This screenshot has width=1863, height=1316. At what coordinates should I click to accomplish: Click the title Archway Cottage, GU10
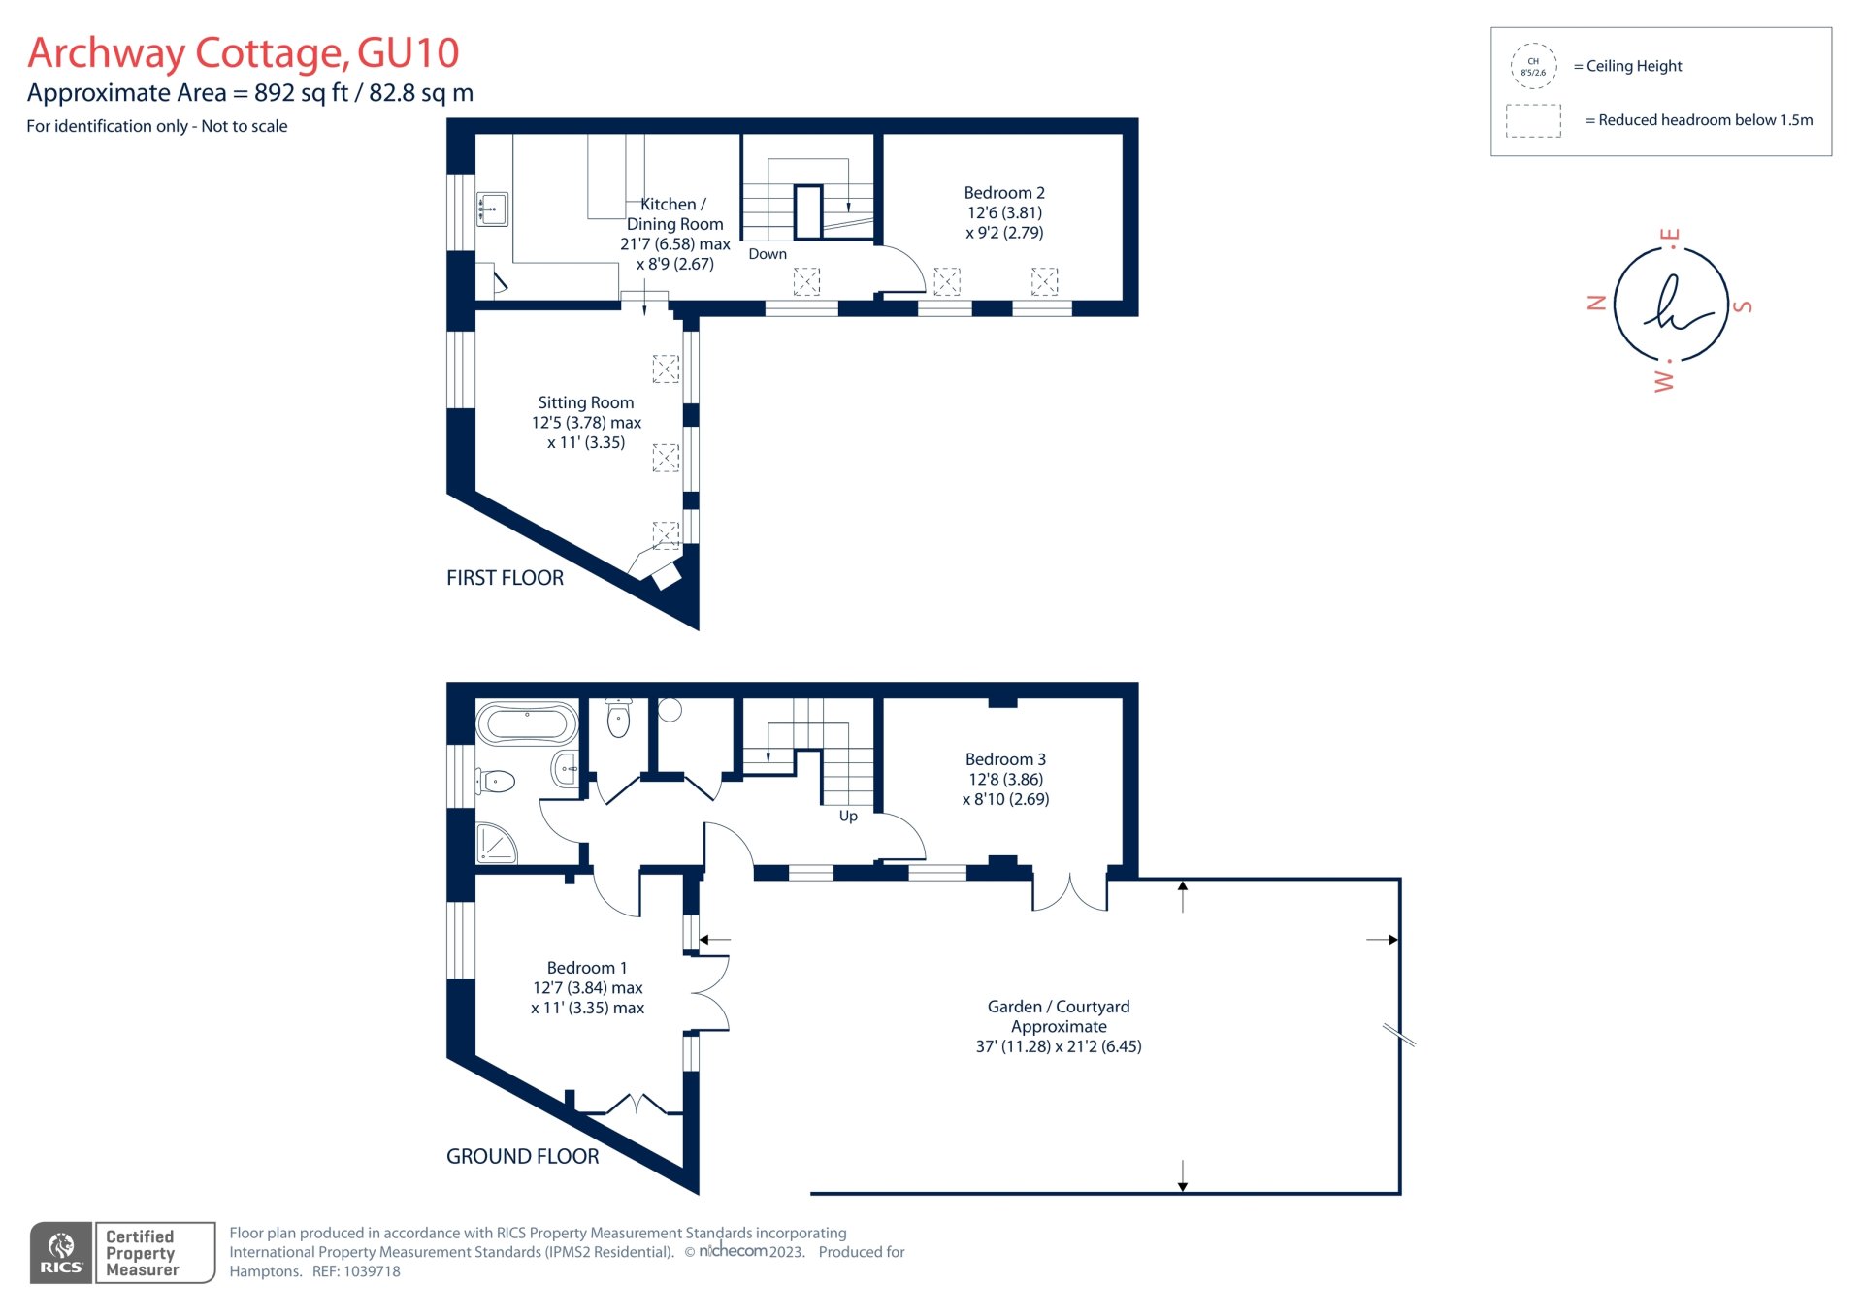(243, 53)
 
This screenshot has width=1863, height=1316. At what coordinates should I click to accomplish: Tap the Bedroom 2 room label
(1004, 212)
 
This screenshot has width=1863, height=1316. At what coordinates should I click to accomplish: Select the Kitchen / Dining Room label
(674, 233)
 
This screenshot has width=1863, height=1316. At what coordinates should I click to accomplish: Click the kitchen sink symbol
(492, 209)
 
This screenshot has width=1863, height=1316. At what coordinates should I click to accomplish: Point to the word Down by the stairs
(768, 254)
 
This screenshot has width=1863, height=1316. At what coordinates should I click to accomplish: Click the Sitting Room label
(586, 422)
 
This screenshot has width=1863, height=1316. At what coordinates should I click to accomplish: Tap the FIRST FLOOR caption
(505, 578)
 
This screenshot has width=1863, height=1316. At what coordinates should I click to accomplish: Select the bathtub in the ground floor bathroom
(527, 723)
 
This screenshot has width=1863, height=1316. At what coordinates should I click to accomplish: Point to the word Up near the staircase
(848, 817)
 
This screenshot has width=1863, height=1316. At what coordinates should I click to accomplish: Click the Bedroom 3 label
(1005, 779)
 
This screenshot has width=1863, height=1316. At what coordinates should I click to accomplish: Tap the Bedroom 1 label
(587, 987)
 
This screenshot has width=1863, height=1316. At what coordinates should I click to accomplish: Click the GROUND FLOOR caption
(522, 1156)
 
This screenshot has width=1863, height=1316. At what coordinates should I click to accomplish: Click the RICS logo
(61, 1252)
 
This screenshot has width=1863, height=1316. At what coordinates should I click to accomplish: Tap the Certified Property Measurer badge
(154, 1252)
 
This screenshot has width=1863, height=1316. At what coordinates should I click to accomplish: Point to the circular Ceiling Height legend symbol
(1533, 67)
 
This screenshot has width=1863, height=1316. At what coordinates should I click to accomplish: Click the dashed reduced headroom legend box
(1533, 121)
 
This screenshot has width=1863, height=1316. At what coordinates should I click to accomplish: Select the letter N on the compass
(1596, 303)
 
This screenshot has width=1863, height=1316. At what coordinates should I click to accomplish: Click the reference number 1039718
(371, 1271)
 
